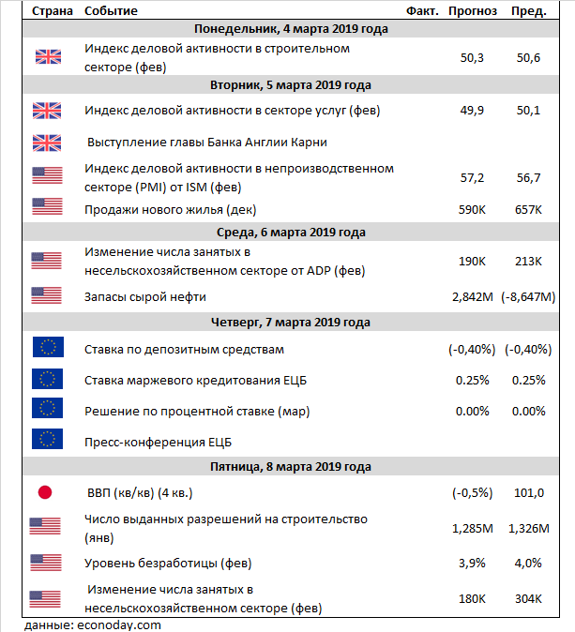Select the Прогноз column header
coord(473,10)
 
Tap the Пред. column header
coord(529,10)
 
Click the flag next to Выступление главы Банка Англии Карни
coord(46,143)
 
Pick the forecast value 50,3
coord(474,57)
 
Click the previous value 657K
coord(529,209)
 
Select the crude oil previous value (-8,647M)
coord(529,297)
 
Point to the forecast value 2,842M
coord(473,297)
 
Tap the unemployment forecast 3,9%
coord(473,564)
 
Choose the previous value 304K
coord(529,599)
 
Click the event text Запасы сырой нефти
coord(145,297)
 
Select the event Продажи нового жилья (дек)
coord(170,209)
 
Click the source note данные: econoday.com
coord(93,624)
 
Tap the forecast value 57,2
coord(474,177)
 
